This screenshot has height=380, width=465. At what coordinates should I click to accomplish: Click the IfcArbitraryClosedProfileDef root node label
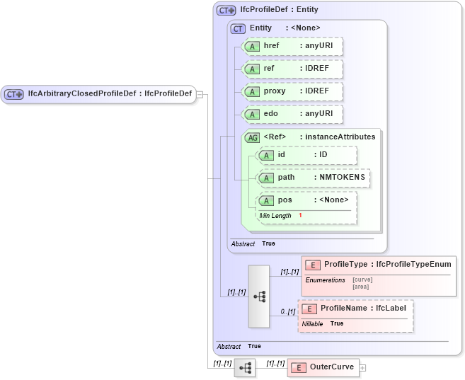tap(109, 93)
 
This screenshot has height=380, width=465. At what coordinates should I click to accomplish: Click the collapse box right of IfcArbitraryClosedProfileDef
tap(200, 94)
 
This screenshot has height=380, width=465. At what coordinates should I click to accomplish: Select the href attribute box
tap(292, 46)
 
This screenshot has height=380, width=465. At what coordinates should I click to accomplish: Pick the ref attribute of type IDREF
tap(292, 69)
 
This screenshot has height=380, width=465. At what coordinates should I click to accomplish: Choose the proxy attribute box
tap(292, 91)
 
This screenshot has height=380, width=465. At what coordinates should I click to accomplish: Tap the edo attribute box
tap(292, 114)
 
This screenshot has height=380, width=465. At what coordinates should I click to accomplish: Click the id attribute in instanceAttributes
tap(306, 155)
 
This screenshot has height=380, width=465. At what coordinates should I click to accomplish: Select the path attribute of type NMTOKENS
tap(313, 177)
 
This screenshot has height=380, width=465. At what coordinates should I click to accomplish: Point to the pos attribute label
tap(285, 200)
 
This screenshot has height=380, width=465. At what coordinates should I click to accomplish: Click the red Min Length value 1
tap(300, 215)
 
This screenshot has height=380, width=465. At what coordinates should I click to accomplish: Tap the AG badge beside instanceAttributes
tap(252, 137)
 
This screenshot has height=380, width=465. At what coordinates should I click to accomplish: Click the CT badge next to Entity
tap(238, 28)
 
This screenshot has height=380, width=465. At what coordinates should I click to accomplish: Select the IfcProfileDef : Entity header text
tap(279, 10)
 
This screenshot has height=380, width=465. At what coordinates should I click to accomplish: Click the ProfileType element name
tap(345, 265)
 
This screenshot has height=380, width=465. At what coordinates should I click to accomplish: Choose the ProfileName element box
tap(356, 309)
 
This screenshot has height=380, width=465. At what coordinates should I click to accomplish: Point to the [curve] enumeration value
tap(362, 280)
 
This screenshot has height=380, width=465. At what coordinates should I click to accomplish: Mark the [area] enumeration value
tap(361, 286)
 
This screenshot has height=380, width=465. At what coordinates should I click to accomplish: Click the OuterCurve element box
tap(323, 367)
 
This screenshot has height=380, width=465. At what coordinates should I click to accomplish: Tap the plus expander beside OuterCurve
tap(363, 368)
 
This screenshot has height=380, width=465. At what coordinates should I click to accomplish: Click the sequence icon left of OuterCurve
tap(244, 368)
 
